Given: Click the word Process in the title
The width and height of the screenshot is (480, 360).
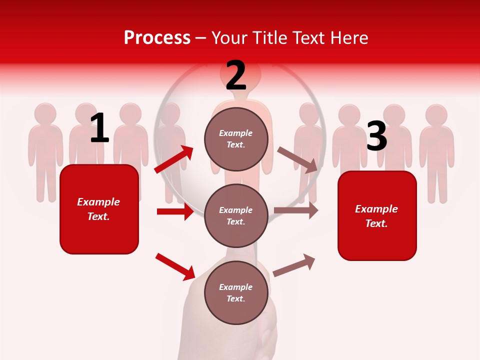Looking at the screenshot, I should [x=157, y=37].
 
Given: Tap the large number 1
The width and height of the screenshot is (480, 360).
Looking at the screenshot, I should [x=99, y=128].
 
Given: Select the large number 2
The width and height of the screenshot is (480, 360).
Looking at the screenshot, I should [x=235, y=75].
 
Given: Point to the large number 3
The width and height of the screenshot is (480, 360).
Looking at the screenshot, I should [x=376, y=136].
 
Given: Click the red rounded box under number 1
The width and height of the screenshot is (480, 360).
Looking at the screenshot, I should [x=99, y=209].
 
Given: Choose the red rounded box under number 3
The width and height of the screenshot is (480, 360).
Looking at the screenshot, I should [x=377, y=216].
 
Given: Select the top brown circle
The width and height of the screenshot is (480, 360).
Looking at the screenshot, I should [x=236, y=139].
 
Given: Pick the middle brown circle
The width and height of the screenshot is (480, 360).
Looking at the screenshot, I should [x=236, y=216].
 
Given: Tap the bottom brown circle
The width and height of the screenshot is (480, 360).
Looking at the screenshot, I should [x=236, y=293].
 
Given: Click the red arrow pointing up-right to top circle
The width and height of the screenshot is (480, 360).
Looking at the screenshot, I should [x=174, y=159].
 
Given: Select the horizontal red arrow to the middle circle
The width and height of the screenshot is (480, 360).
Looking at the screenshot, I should [x=175, y=211].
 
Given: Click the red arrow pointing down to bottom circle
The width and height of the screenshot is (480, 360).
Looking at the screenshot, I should [x=175, y=266].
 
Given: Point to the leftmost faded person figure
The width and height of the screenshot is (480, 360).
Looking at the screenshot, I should [x=45, y=150].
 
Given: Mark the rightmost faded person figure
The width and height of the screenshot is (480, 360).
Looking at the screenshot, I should [x=436, y=150].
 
